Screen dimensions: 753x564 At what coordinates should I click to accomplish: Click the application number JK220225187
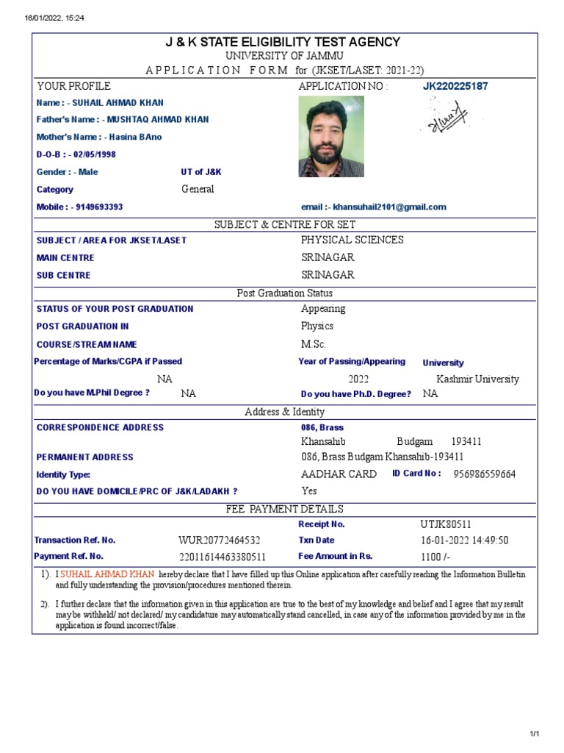point(455,87)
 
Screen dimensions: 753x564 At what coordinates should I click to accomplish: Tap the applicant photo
point(331,137)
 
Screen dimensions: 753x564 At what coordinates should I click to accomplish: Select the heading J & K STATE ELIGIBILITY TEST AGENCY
point(283,43)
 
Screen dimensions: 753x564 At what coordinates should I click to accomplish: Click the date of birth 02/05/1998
point(94,155)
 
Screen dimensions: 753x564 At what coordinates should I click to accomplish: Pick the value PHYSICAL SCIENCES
point(352,240)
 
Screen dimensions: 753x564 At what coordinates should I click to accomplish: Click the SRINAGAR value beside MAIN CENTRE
point(328,258)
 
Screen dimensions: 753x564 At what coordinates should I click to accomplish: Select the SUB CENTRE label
point(64,276)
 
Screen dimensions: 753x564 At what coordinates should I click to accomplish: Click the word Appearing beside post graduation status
point(323,309)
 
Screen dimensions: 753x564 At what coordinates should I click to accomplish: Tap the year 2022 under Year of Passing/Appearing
point(358,379)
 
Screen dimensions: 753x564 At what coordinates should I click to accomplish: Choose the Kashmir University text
point(477,379)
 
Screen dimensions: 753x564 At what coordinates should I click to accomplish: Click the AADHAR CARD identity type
point(339,474)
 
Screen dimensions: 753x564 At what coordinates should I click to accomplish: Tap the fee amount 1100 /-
point(435,557)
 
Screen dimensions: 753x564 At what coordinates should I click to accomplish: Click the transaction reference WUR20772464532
point(220,541)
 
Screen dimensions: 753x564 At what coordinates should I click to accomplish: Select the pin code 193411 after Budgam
point(466,442)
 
